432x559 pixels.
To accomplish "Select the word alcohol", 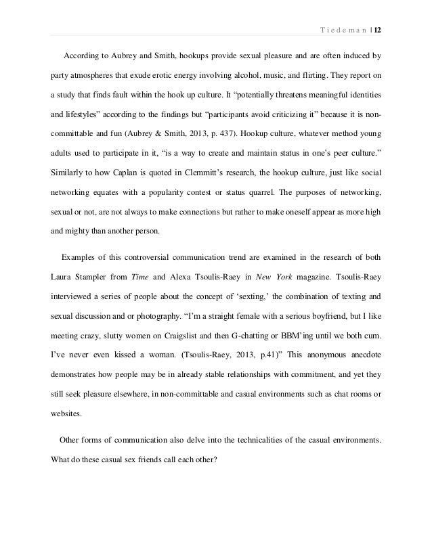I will pos(234,68).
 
